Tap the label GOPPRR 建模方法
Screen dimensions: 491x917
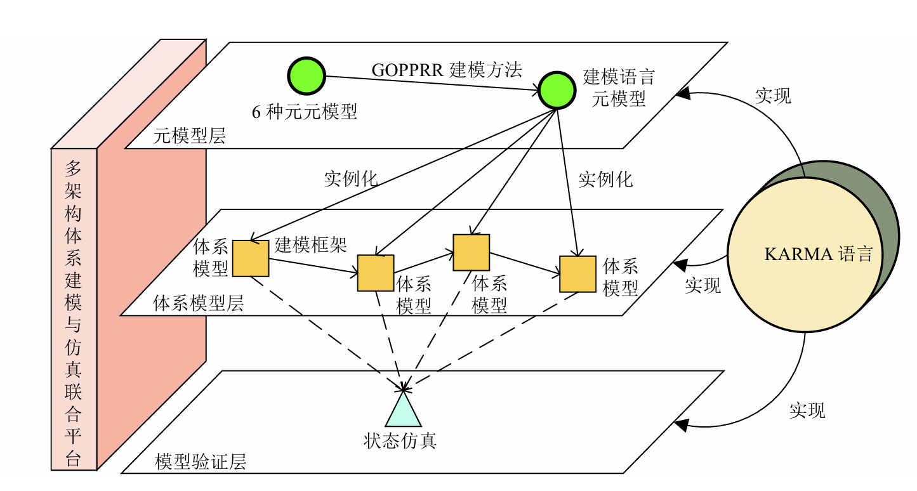(447, 70)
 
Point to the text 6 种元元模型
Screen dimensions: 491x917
(305, 112)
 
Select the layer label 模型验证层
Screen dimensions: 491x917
(201, 462)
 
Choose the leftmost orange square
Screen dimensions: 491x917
(251, 258)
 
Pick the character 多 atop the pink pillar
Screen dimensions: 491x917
(74, 169)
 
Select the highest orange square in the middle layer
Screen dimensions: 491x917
(471, 252)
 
